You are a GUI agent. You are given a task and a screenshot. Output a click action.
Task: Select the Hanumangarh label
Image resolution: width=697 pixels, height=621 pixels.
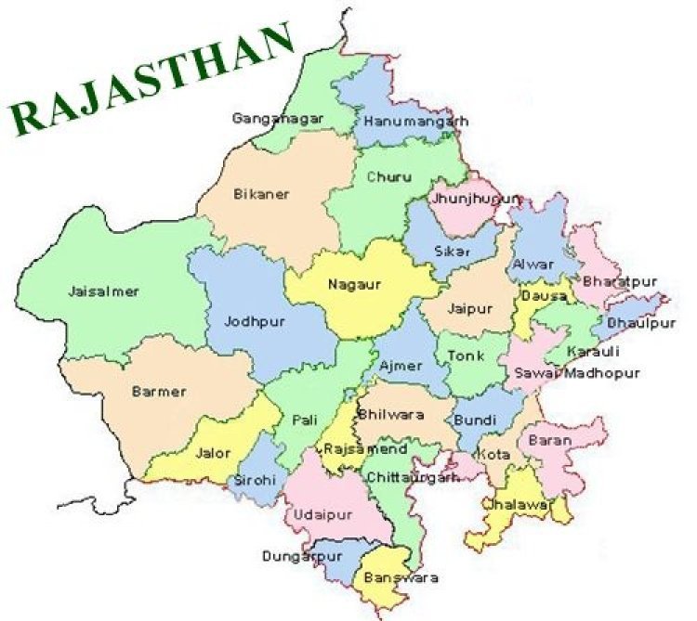tap(415, 122)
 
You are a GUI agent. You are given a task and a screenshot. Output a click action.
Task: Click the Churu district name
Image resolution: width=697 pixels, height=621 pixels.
tap(385, 176)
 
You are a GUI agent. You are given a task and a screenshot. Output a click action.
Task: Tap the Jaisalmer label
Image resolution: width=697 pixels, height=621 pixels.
tap(103, 291)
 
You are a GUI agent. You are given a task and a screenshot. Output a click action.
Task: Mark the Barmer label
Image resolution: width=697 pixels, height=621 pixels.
tap(159, 392)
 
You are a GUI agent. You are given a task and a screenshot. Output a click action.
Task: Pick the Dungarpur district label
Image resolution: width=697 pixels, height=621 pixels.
tap(297, 559)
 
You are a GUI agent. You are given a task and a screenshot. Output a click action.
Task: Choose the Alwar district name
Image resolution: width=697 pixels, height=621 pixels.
tap(533, 264)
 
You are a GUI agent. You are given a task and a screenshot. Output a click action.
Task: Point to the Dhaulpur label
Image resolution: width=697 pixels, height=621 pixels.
tap(641, 323)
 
